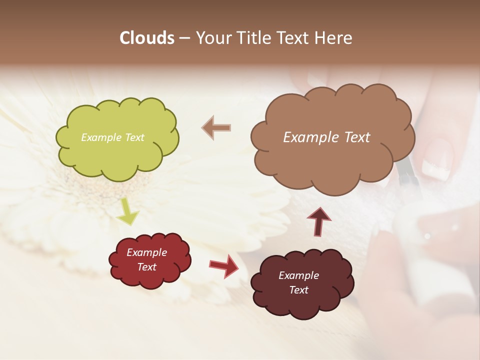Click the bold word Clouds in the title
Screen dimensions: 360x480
(147, 38)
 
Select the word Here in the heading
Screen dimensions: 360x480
(334, 38)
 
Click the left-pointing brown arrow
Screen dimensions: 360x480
(216, 127)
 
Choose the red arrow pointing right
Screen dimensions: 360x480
(223, 265)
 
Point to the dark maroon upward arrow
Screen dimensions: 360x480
(318, 221)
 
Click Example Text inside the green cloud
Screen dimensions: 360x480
(112, 137)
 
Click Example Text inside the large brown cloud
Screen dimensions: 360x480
(326, 137)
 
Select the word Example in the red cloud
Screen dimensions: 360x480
(146, 252)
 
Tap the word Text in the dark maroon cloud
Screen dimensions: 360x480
(298, 290)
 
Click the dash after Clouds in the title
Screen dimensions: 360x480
(184, 38)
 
